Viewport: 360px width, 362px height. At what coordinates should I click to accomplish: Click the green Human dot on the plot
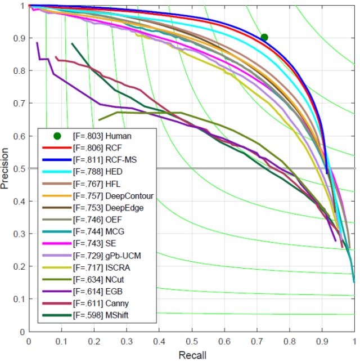(x=264, y=37)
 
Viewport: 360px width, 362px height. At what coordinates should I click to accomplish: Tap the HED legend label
(x=99, y=172)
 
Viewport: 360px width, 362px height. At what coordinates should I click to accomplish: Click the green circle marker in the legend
(x=57, y=136)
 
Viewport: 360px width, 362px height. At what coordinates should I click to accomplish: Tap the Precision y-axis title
(x=7, y=168)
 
